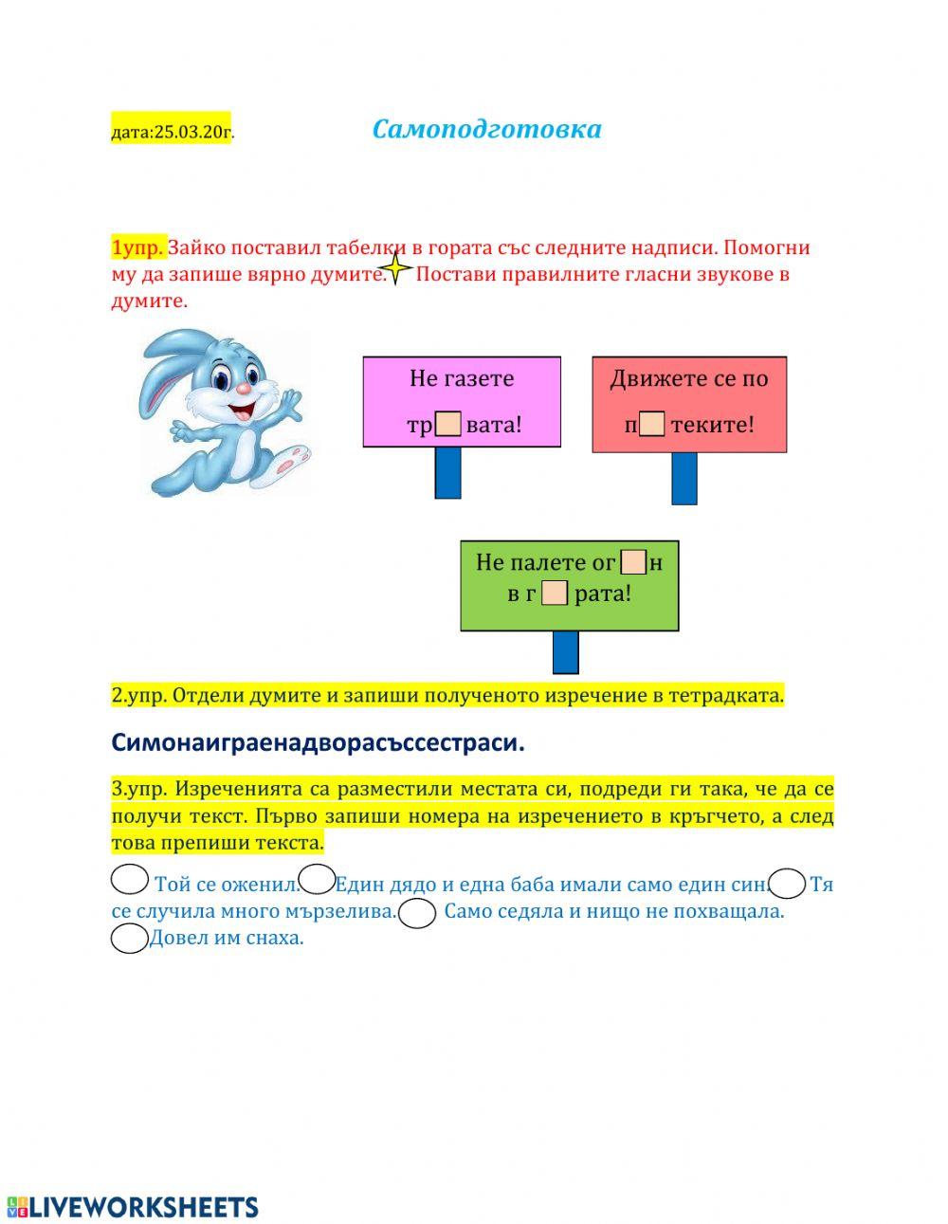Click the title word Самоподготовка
486,129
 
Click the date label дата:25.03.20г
171,131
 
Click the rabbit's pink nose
244,389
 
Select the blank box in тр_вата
448,424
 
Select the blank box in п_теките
652,424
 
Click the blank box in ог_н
633,562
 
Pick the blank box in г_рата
555,594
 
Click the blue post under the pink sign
448,472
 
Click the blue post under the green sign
565,652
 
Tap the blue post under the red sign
684,478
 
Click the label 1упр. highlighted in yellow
137,248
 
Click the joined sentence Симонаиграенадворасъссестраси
319,742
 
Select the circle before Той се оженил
130,880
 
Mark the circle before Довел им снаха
129,939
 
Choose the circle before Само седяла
417,914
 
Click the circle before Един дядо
316,880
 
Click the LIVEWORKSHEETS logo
133,1206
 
